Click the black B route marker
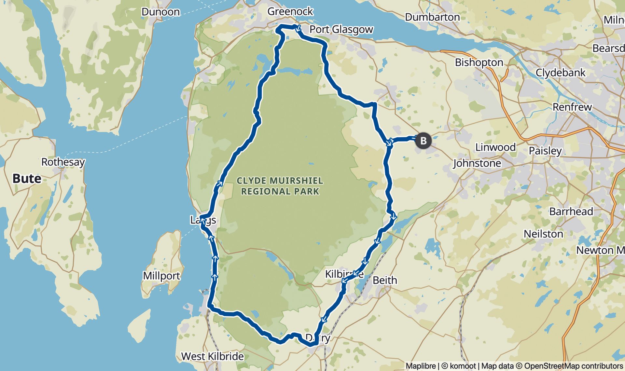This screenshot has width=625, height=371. tap(423, 141)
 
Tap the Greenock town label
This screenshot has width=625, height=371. tap(290, 11)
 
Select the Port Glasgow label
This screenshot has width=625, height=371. tap(341, 29)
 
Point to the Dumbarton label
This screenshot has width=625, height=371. tap(432, 17)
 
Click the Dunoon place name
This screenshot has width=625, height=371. tap(160, 12)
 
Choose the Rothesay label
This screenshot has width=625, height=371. tap(63, 162)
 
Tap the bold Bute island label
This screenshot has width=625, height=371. tap(27, 179)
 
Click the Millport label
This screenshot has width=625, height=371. tap(161, 276)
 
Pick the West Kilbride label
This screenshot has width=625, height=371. tap(212, 356)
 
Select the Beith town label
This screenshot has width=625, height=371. tap(385, 280)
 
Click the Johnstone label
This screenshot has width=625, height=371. tap(477, 163)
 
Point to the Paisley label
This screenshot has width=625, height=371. tap(545, 151)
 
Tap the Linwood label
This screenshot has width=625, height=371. tap(495, 147)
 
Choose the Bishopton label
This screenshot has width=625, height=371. tap(479, 62)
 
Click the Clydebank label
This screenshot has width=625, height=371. tap(560, 73)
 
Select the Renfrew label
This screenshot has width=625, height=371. tap(572, 107)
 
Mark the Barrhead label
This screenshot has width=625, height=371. tap(571, 212)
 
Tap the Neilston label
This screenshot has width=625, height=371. tap(543, 234)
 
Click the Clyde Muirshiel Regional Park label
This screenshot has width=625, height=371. tap(280, 186)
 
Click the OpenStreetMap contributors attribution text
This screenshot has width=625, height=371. tap(573, 366)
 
